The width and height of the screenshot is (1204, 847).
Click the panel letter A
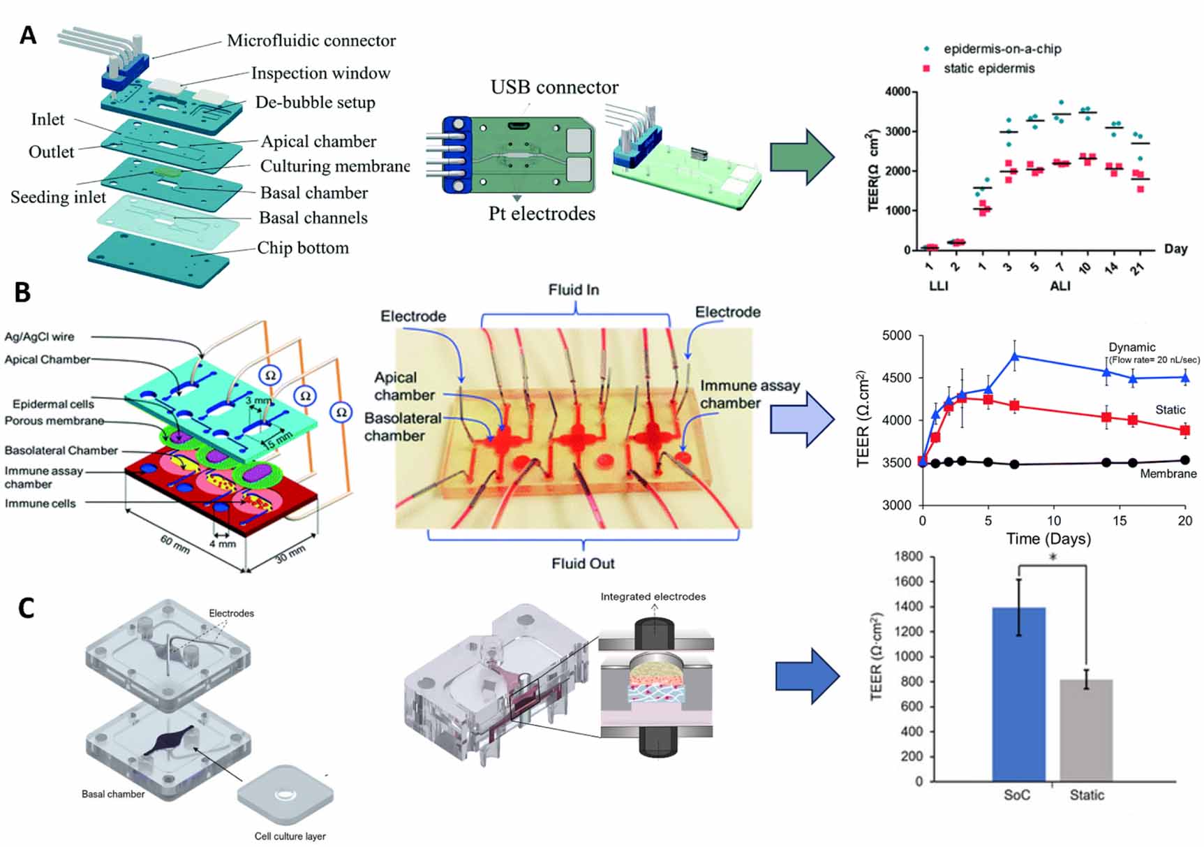tap(28, 35)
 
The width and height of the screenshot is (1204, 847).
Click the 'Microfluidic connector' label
tap(311, 40)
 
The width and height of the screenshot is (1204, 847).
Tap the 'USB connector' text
tap(554, 87)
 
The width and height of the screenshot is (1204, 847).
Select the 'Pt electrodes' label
tap(542, 214)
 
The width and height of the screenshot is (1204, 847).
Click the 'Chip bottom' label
tap(302, 248)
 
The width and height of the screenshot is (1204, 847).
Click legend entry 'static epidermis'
tap(988, 68)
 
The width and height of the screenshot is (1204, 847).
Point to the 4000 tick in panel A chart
tap(897, 91)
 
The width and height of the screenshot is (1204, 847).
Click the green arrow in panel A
tap(801, 157)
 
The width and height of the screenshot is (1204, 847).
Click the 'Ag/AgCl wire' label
tap(39, 337)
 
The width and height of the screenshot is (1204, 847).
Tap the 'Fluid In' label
tap(573, 290)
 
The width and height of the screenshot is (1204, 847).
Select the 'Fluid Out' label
tap(583, 564)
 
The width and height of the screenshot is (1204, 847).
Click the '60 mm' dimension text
tap(174, 544)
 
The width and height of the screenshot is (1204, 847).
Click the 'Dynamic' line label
tap(1131, 347)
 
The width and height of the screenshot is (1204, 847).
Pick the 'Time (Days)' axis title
tap(1048, 539)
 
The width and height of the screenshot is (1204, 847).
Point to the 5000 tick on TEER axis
tap(896, 336)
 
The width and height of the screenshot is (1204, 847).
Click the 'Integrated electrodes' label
tap(653, 596)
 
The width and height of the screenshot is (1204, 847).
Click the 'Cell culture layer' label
tap(290, 836)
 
